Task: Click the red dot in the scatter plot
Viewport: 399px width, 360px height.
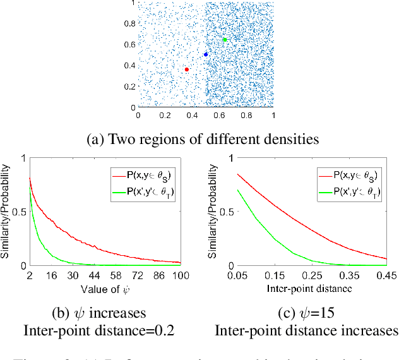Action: [x=187, y=69]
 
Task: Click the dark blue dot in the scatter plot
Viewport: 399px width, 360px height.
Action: [x=206, y=54]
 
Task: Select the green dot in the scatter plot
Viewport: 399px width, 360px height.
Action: [x=225, y=40]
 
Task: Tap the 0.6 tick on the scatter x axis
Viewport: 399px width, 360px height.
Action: [x=219, y=116]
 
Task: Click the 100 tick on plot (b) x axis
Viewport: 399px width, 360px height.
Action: [x=182, y=277]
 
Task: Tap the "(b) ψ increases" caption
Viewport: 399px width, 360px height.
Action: [x=100, y=313]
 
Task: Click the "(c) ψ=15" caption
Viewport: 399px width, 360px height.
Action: [x=306, y=313]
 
